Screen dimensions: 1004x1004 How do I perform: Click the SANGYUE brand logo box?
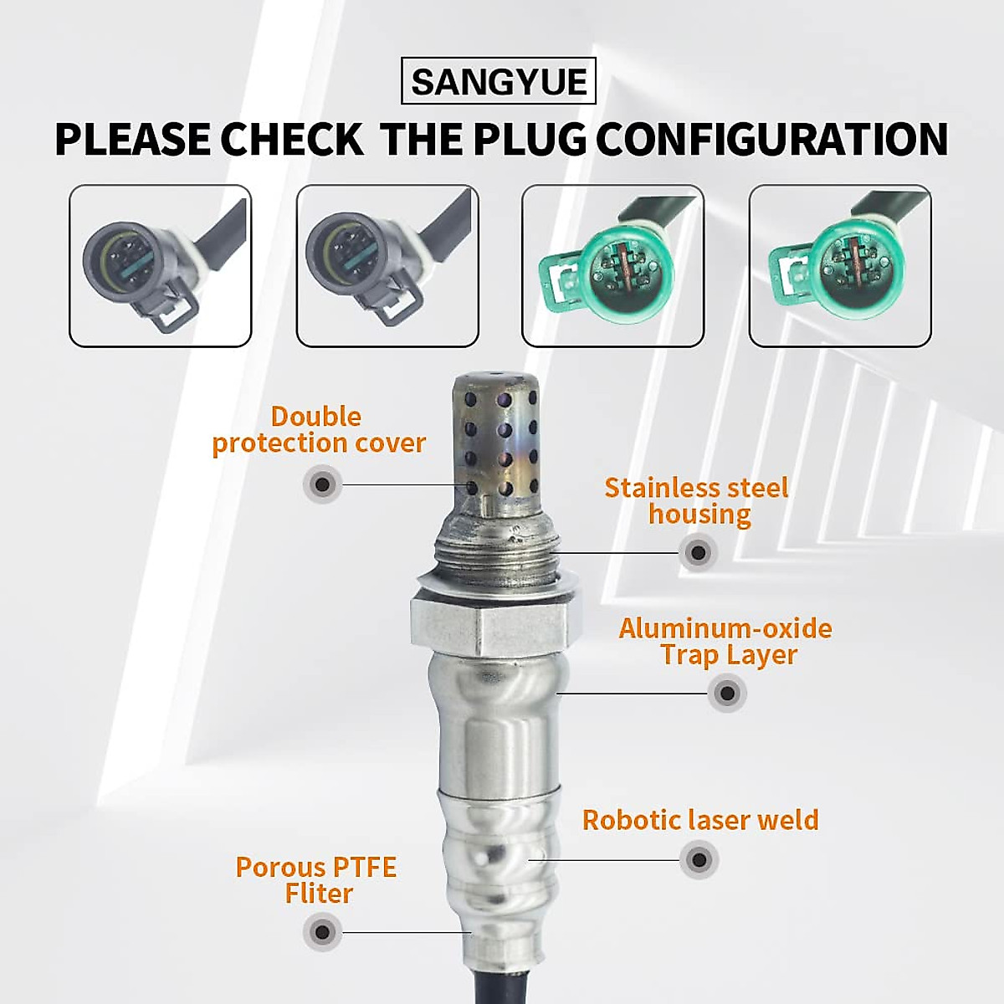[x=499, y=81]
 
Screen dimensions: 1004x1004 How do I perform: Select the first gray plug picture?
[x=160, y=265]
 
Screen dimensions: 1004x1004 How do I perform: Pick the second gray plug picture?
[x=387, y=265]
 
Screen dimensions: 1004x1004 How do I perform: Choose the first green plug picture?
[x=612, y=265]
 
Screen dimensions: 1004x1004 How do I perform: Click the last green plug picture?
[x=840, y=265]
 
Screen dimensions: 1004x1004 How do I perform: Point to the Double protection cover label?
[x=318, y=429]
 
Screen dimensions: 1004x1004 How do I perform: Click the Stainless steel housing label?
[x=697, y=500]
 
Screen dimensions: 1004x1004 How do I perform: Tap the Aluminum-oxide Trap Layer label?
[x=725, y=641]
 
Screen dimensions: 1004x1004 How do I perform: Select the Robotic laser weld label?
[x=700, y=819]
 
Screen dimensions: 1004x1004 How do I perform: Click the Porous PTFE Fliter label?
[x=316, y=879]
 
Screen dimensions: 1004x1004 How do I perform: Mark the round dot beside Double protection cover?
[x=322, y=484]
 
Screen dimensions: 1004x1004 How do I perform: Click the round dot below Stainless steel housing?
[x=698, y=552]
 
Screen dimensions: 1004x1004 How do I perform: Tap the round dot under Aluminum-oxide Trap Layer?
[x=727, y=693]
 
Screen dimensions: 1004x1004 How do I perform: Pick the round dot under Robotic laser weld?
[x=699, y=859]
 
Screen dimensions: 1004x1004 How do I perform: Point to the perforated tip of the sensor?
[x=495, y=443]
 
